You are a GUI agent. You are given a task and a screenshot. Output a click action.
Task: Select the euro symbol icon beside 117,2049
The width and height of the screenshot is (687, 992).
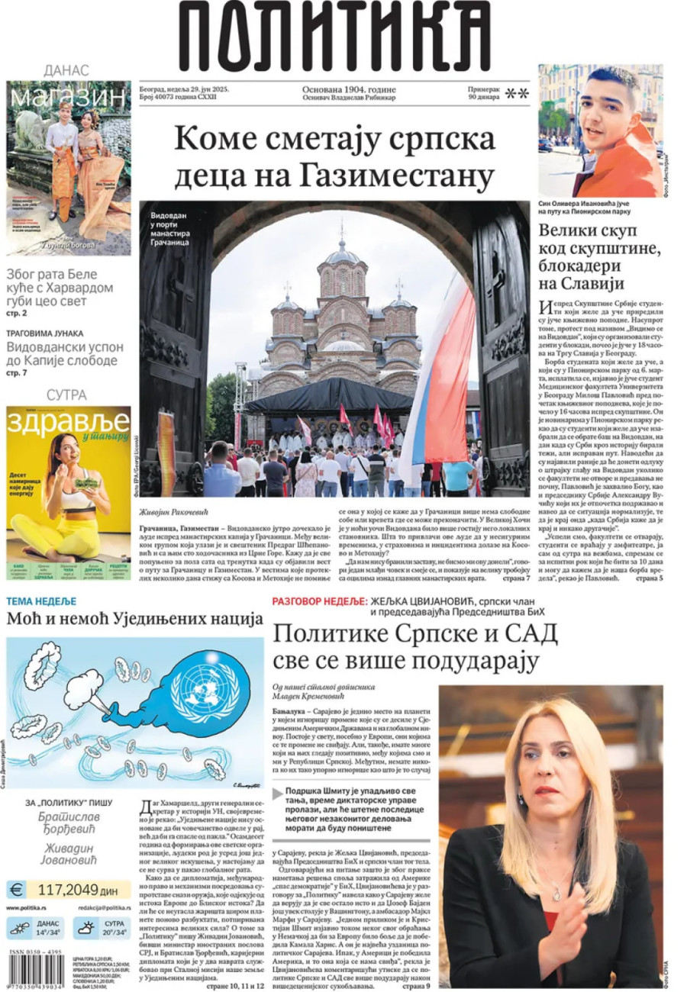coord(16,889)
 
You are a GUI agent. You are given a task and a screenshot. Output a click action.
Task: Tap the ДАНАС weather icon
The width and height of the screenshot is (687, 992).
coord(18,929)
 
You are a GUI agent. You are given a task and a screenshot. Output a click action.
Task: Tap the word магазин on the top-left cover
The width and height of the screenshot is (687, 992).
coord(68,97)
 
